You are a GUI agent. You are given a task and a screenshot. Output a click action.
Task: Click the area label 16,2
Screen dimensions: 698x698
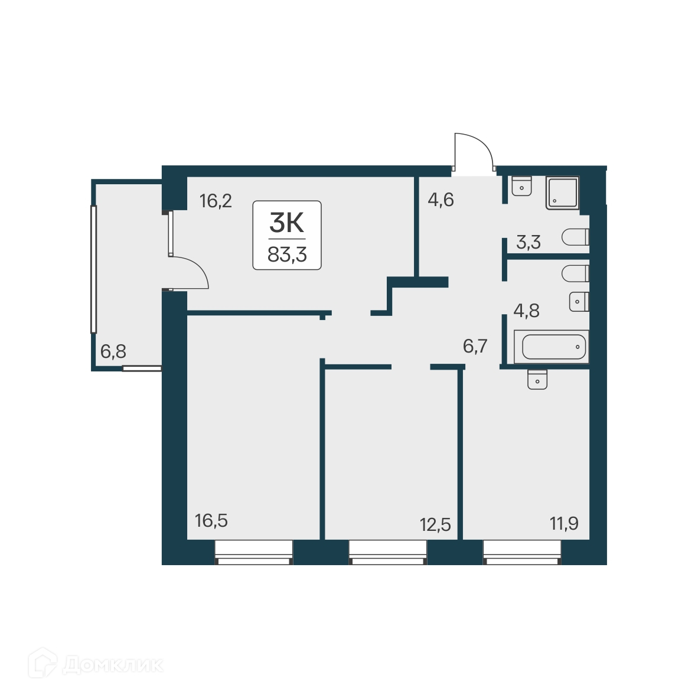[216, 201]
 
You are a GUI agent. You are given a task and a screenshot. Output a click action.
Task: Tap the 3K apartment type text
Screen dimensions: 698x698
[286, 223]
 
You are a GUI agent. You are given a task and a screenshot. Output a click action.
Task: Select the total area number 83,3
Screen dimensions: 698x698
[287, 255]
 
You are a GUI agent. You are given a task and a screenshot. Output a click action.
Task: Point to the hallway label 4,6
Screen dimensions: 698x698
[441, 200]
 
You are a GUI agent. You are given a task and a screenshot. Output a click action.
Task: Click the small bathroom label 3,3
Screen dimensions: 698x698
[529, 243]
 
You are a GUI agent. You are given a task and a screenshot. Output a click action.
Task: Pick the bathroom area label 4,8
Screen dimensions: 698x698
[526, 311]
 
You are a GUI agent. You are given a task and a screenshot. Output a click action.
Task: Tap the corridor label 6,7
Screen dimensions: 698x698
[475, 346]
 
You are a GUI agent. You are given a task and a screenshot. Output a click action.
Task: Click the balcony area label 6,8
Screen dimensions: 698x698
[113, 352]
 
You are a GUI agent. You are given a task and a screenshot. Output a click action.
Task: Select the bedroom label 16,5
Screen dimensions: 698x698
[211, 521]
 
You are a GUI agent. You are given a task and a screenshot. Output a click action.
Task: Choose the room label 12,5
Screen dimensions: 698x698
[435, 524]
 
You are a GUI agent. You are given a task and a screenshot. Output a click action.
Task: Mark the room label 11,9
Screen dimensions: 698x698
[564, 523]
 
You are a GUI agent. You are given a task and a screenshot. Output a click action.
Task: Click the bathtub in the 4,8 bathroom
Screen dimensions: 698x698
[551, 347]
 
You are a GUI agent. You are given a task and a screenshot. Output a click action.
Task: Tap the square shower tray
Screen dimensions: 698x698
[562, 193]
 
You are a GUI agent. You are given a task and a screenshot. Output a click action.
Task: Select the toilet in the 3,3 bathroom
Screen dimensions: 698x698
[576, 237]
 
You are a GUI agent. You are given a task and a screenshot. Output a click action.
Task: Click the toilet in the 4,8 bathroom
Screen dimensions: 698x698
[576, 274]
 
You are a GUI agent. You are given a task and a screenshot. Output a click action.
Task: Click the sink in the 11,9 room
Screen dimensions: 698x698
[537, 379]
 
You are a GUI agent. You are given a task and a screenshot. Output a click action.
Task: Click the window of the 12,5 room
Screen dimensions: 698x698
[387, 552]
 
